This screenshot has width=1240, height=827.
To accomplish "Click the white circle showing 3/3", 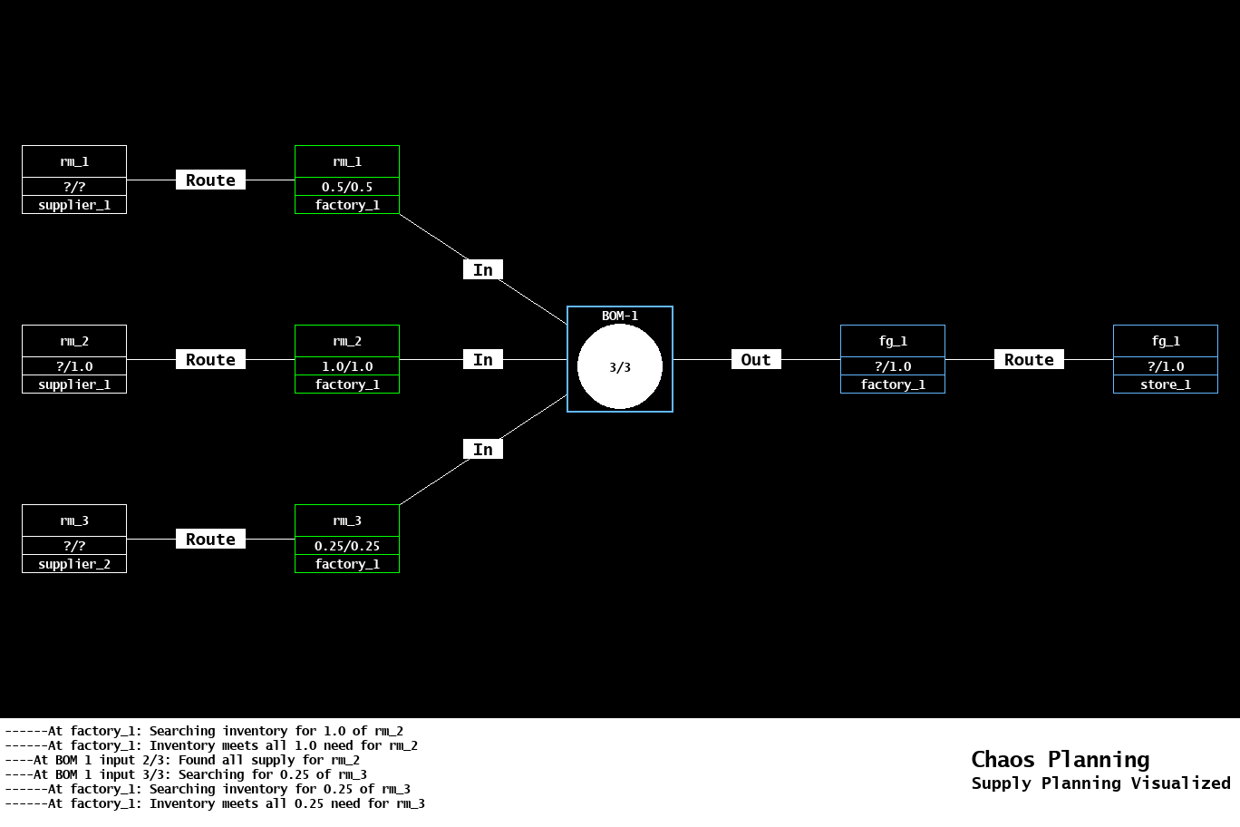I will point(620,366).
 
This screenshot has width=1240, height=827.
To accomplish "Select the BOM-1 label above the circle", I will point(620,316).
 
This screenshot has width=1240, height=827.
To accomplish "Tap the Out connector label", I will point(756,359).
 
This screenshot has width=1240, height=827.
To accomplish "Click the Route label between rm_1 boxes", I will point(210,180).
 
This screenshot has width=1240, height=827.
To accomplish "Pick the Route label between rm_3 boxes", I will point(210,539).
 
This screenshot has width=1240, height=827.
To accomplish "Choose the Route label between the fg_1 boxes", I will point(1029,359).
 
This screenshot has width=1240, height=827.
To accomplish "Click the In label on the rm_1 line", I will point(483,269).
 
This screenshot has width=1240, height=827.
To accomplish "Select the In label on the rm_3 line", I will point(483,449).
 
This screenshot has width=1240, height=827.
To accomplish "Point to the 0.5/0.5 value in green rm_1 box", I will point(347,187).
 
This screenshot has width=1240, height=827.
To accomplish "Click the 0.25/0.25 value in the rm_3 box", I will point(347,546).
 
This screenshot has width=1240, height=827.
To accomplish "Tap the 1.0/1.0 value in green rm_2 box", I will point(347,366).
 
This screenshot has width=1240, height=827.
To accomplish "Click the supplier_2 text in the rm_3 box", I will point(74,564).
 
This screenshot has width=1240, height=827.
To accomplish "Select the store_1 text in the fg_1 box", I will point(1166,384).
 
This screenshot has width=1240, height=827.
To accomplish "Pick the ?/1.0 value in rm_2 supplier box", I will point(74,366).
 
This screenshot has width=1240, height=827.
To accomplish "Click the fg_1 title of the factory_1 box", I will point(893,341).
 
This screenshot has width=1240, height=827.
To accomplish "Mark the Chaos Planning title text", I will point(1060,759).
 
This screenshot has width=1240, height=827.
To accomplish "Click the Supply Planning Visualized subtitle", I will point(1100,783).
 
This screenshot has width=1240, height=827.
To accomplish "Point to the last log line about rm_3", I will point(215,803).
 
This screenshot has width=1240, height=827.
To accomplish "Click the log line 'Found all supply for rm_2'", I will point(182,760).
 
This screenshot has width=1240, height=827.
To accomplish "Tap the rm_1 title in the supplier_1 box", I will point(74,161).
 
